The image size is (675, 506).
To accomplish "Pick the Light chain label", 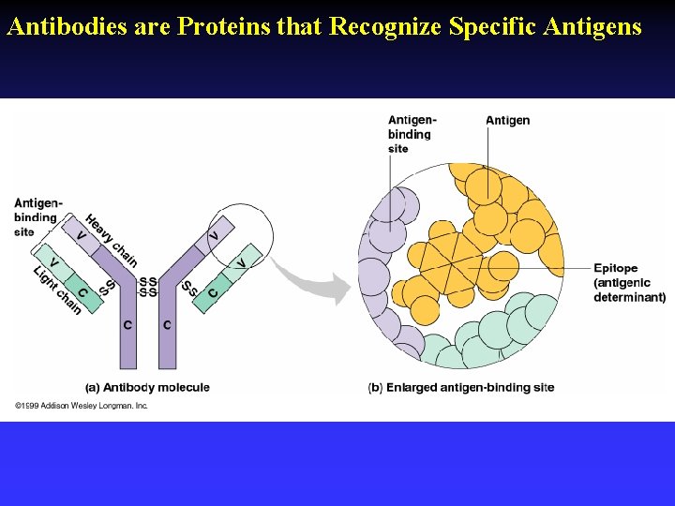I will click(x=59, y=291).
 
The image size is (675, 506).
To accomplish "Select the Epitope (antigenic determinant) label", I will click(x=629, y=283).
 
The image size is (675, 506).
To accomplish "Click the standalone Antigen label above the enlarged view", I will click(x=507, y=120).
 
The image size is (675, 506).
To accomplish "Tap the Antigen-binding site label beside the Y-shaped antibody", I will click(x=37, y=217).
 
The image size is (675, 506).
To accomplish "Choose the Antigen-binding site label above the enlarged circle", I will click(x=412, y=134).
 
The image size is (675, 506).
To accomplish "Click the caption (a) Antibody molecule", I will click(x=147, y=387).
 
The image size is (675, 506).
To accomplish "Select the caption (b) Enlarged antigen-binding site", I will click(x=461, y=387).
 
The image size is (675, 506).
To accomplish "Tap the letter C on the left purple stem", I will click(x=127, y=325).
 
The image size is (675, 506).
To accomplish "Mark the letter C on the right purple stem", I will click(x=167, y=325).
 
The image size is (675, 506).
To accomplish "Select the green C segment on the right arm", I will click(x=214, y=293).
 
